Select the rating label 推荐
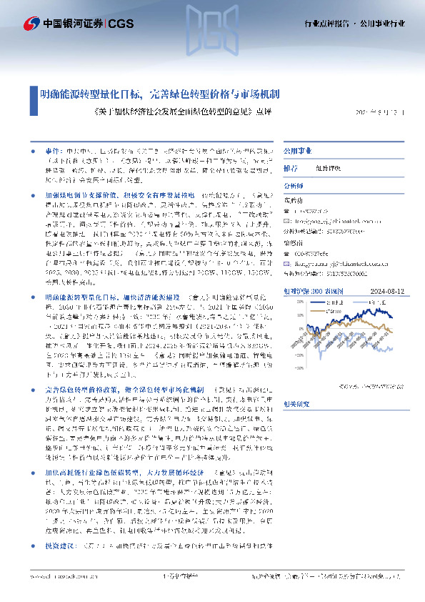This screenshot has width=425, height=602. coord(291,169)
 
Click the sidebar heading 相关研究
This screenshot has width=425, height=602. coord(296,403)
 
